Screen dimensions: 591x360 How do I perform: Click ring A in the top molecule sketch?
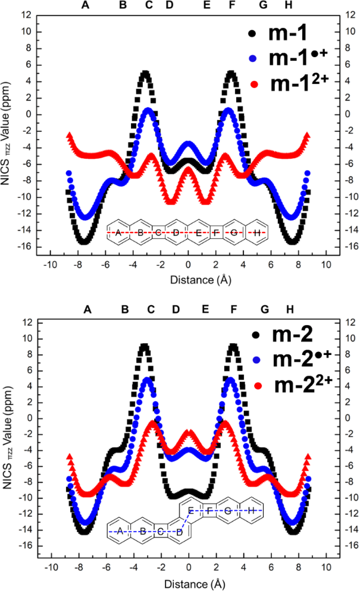[118, 232]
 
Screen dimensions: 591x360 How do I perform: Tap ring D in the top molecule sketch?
[176, 232]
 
